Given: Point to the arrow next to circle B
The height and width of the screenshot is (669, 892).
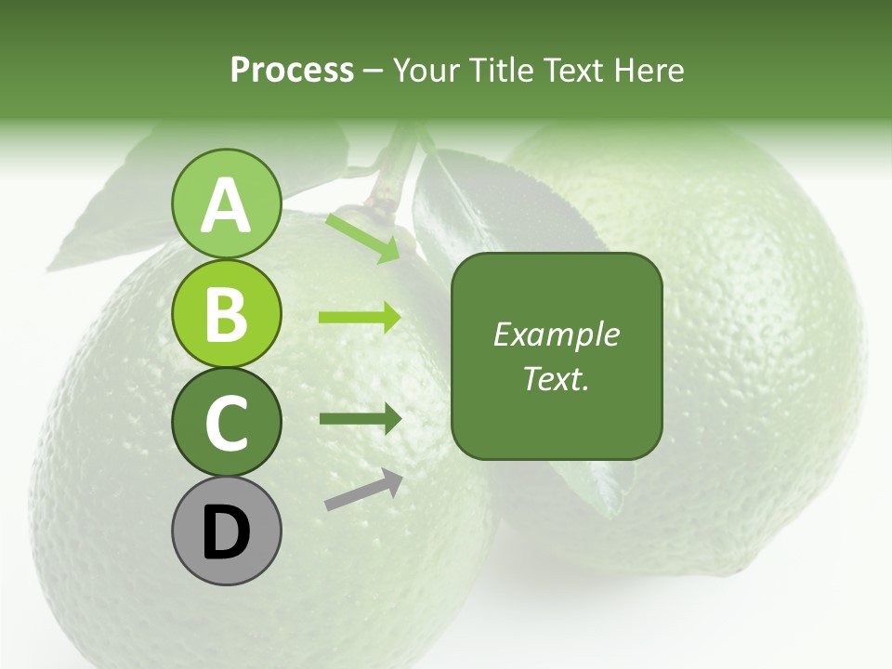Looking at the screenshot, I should (361, 318).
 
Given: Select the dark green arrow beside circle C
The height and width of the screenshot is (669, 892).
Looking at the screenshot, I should (361, 418).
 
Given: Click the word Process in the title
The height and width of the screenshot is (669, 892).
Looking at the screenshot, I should (292, 70).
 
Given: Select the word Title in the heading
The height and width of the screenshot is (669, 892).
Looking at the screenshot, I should (503, 70).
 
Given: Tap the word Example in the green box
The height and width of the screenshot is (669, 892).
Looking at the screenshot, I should (556, 334).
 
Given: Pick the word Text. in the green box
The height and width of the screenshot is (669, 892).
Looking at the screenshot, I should (556, 378).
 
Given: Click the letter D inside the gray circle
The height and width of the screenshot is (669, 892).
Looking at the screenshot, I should (226, 533).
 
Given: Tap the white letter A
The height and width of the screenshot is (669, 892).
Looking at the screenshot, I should (226, 206).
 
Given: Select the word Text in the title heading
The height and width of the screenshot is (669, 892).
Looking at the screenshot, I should (572, 70).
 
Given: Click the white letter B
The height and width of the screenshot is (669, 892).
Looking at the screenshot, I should (226, 314).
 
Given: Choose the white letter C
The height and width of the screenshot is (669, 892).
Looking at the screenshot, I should (226, 424).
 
